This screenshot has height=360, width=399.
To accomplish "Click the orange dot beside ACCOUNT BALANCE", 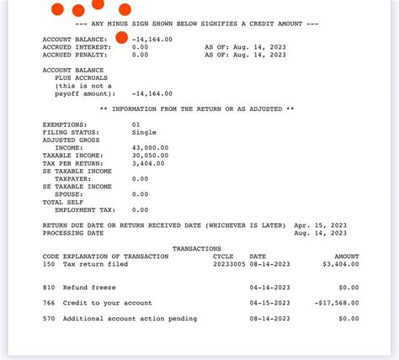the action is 121,37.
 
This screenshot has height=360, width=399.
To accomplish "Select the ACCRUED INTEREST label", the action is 75,47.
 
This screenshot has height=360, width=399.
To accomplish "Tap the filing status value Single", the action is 144,132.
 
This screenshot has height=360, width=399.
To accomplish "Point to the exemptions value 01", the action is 136,124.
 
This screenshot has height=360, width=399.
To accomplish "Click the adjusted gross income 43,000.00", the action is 150,147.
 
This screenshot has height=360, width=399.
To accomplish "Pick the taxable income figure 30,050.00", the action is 150,156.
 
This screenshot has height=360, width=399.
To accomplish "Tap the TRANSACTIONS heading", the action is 196,249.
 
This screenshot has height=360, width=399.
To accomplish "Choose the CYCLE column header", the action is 223,257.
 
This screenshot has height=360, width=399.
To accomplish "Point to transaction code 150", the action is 49,264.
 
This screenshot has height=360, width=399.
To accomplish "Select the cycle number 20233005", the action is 229,264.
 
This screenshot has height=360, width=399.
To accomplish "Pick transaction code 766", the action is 49,303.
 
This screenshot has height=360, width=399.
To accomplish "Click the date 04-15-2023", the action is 269,303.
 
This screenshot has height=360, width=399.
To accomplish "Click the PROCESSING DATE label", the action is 73,233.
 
